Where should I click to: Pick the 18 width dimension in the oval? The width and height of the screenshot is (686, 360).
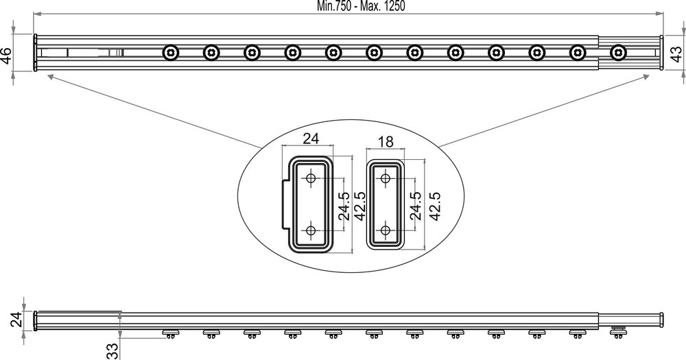(386, 142)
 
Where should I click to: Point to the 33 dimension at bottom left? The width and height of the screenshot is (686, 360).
(111, 351)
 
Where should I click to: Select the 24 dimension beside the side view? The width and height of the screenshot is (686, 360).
(19, 320)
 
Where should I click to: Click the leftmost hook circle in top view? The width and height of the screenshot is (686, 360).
(170, 52)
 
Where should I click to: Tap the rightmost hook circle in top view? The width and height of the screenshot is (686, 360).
(619, 52)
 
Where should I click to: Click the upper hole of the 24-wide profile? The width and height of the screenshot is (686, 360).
(311, 178)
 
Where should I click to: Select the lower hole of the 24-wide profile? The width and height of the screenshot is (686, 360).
(311, 230)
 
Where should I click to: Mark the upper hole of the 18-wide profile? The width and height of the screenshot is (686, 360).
(386, 178)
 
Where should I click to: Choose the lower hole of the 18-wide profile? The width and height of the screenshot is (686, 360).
(386, 230)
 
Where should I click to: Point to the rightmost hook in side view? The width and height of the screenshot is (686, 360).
(619, 333)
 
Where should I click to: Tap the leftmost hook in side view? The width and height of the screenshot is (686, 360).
(170, 334)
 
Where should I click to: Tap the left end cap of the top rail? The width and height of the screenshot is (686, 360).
(36, 53)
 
